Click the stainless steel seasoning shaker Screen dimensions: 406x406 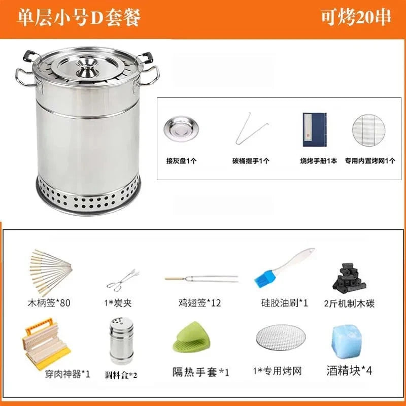pyautogui.click(x=121, y=341)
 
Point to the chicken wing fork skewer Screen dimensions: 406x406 pyautogui.click(x=201, y=279)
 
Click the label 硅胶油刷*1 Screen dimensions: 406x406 pyautogui.click(x=281, y=303)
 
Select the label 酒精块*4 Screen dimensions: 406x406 pyautogui.click(x=349, y=370)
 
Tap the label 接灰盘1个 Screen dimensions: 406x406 pyautogui.click(x=177, y=161)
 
